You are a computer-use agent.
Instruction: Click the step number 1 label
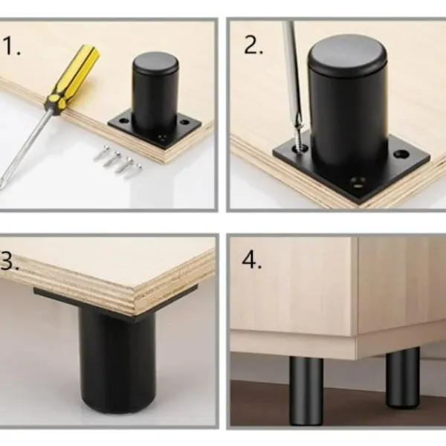tap(12, 46)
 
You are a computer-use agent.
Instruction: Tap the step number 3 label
tap(9, 261)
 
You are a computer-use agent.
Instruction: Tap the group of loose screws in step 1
tap(118, 161)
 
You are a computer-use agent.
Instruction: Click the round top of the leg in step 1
tap(155, 62)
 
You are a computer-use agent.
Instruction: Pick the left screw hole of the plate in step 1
tap(123, 121)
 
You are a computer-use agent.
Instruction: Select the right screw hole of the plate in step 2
tap(401, 154)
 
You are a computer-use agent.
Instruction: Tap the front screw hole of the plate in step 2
tap(358, 182)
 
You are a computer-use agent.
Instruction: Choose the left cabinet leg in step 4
tap(306, 391)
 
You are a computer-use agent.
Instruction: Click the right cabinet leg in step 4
tap(402, 376)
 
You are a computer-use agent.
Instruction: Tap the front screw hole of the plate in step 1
tap(163, 138)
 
